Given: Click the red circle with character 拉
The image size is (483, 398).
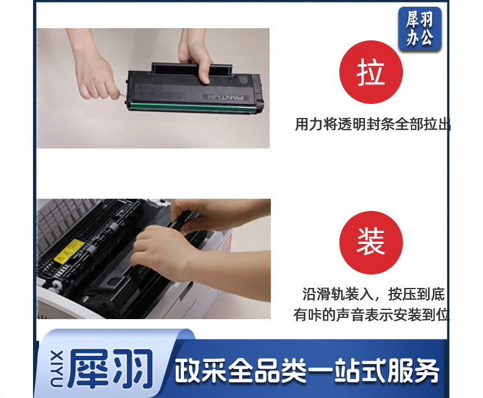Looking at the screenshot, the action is coord(371,72).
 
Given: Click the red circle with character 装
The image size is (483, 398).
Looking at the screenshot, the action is coord(371,243).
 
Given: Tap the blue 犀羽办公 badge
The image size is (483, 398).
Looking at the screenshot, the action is coord(419,29).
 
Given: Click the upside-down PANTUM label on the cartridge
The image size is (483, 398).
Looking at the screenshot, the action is coord(226,98).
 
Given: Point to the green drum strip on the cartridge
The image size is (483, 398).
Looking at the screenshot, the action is coord(193,107).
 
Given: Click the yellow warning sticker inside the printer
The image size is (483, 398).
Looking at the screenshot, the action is coord(69,251).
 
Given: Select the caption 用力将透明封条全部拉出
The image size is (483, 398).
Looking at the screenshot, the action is coord(372,124).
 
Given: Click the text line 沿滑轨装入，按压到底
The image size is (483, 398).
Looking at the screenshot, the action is coord(374,294).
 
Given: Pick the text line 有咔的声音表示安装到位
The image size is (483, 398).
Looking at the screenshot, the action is coord(371,315).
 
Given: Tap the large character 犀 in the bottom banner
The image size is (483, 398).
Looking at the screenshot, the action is coord(89,369).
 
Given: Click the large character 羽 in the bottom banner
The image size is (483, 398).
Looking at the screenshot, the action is coord(133,369).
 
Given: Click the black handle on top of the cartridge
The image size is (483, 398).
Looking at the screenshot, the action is coord(191,68).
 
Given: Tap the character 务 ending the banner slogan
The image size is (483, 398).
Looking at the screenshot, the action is coord(426,371).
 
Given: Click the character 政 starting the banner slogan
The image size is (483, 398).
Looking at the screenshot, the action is coord(188,371).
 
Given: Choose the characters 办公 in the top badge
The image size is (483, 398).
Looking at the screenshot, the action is coord(420,39).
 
